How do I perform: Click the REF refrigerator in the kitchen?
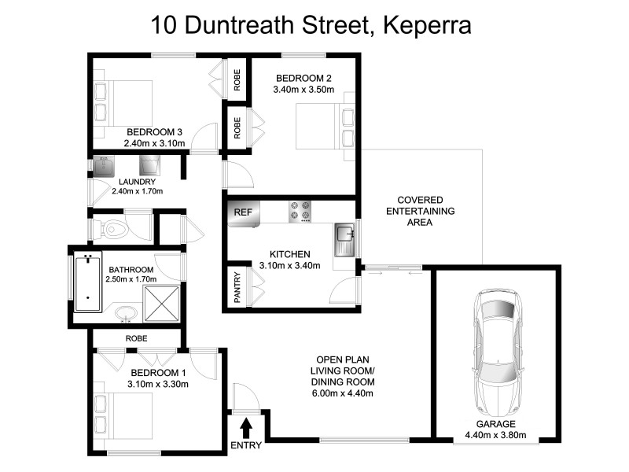point(243,212)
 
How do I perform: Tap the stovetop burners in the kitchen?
point(300,212)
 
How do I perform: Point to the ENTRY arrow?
point(246,428)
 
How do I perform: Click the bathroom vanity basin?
point(125,318)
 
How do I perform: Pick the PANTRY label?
point(237,287)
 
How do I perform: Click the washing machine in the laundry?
point(149,164)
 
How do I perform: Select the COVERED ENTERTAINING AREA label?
point(420,212)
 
